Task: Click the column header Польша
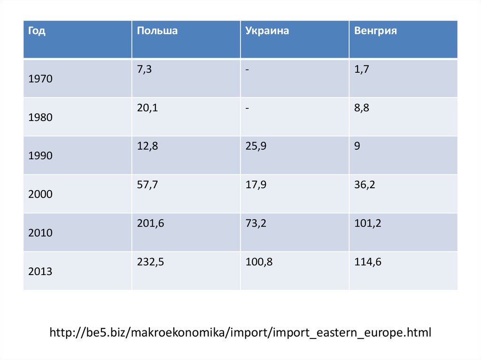(x=157, y=31)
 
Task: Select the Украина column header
(x=267, y=31)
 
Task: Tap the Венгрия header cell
(x=376, y=31)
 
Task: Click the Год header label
(x=37, y=31)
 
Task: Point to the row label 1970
(x=40, y=79)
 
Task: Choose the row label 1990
(x=40, y=156)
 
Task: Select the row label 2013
(x=40, y=271)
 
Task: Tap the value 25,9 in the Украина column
(x=256, y=146)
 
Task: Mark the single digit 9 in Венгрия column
(x=357, y=146)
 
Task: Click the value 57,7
(x=147, y=185)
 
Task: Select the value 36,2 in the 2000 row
(x=365, y=185)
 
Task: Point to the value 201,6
(x=150, y=224)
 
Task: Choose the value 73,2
(x=256, y=224)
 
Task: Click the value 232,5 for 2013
(x=150, y=262)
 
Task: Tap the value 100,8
(x=259, y=262)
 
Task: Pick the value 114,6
(x=368, y=262)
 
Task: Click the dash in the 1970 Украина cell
(x=247, y=70)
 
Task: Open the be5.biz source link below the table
(x=240, y=333)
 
